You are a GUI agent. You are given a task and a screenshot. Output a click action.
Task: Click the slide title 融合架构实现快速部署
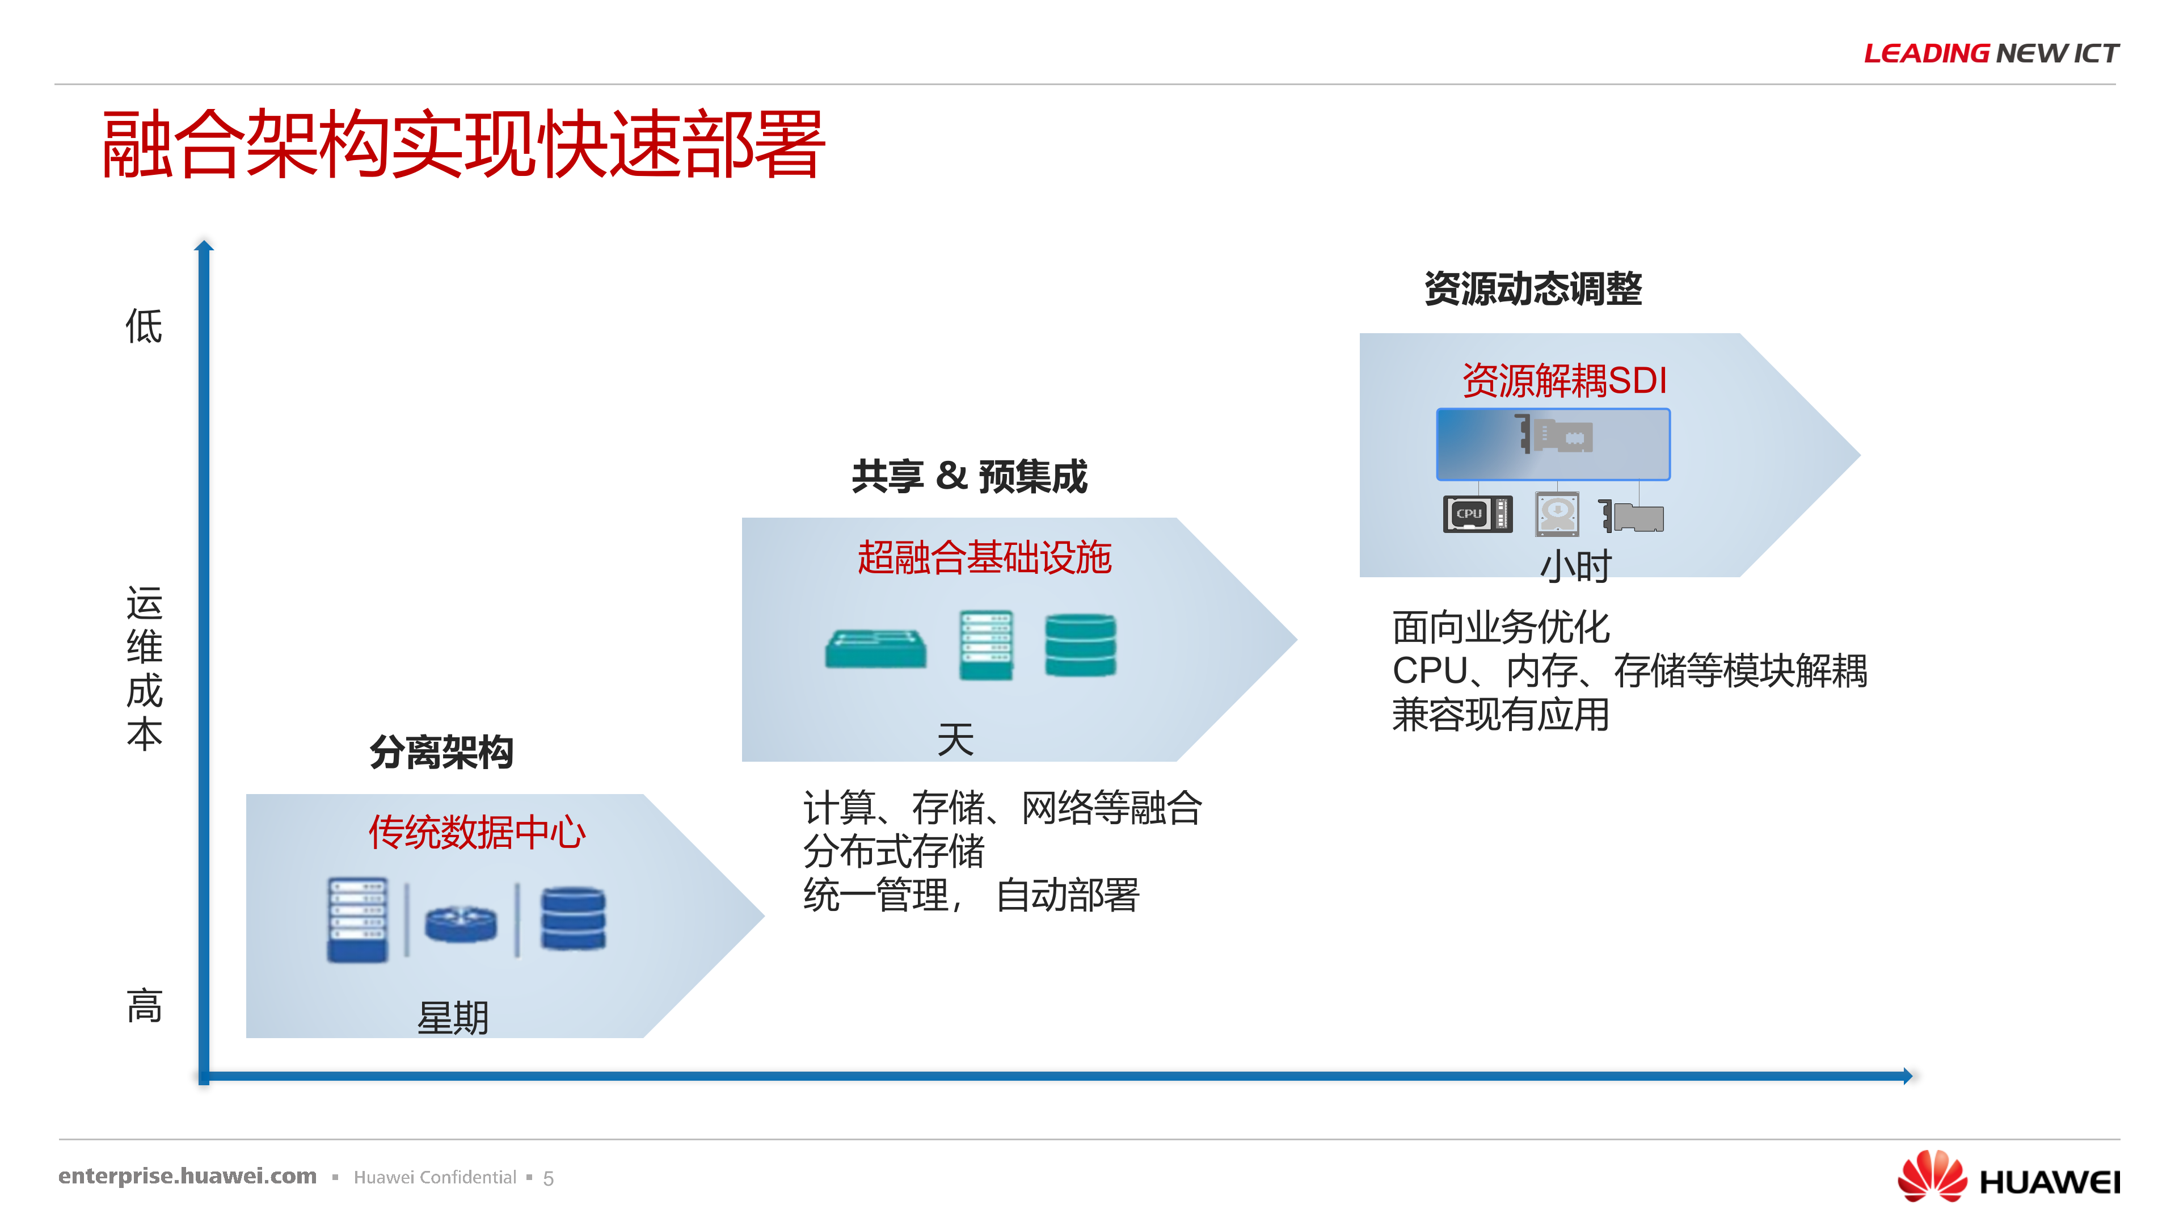click(463, 145)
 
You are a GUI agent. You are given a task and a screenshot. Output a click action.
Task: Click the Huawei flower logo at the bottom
click(1932, 1176)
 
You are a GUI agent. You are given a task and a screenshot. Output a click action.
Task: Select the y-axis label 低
click(144, 326)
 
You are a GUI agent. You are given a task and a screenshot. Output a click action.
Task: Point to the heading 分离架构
click(441, 752)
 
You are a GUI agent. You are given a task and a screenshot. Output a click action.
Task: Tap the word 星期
click(453, 1018)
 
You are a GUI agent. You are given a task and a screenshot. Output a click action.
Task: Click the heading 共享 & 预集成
click(970, 476)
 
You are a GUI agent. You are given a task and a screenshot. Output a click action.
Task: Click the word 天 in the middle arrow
click(956, 740)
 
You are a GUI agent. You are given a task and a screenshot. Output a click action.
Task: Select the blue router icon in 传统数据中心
click(461, 922)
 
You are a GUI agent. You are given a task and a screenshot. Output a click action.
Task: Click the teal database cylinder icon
click(1080, 645)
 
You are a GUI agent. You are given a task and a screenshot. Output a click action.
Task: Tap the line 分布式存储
click(894, 851)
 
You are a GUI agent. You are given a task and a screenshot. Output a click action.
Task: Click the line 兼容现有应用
click(1501, 715)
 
